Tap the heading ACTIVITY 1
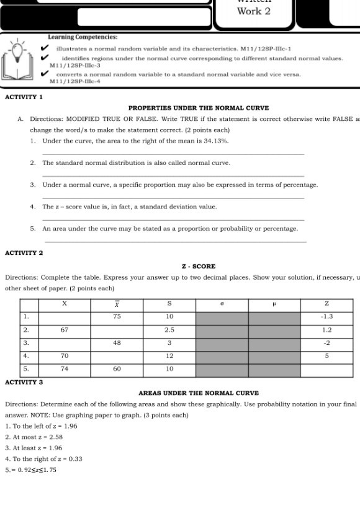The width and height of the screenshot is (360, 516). pyautogui.click(x=23, y=98)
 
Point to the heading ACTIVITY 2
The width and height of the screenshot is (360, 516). pyautogui.click(x=23, y=253)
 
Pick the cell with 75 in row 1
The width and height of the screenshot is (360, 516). pyautogui.click(x=117, y=316)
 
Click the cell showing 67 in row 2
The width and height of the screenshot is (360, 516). pyautogui.click(x=64, y=329)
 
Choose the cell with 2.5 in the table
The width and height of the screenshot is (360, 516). pyautogui.click(x=169, y=329)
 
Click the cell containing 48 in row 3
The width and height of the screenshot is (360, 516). pyautogui.click(x=117, y=342)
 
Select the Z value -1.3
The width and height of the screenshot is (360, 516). pyautogui.click(x=327, y=316)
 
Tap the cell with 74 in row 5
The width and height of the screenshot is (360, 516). pyautogui.click(x=64, y=368)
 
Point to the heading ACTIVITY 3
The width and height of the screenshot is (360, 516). pyautogui.click(x=23, y=381)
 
